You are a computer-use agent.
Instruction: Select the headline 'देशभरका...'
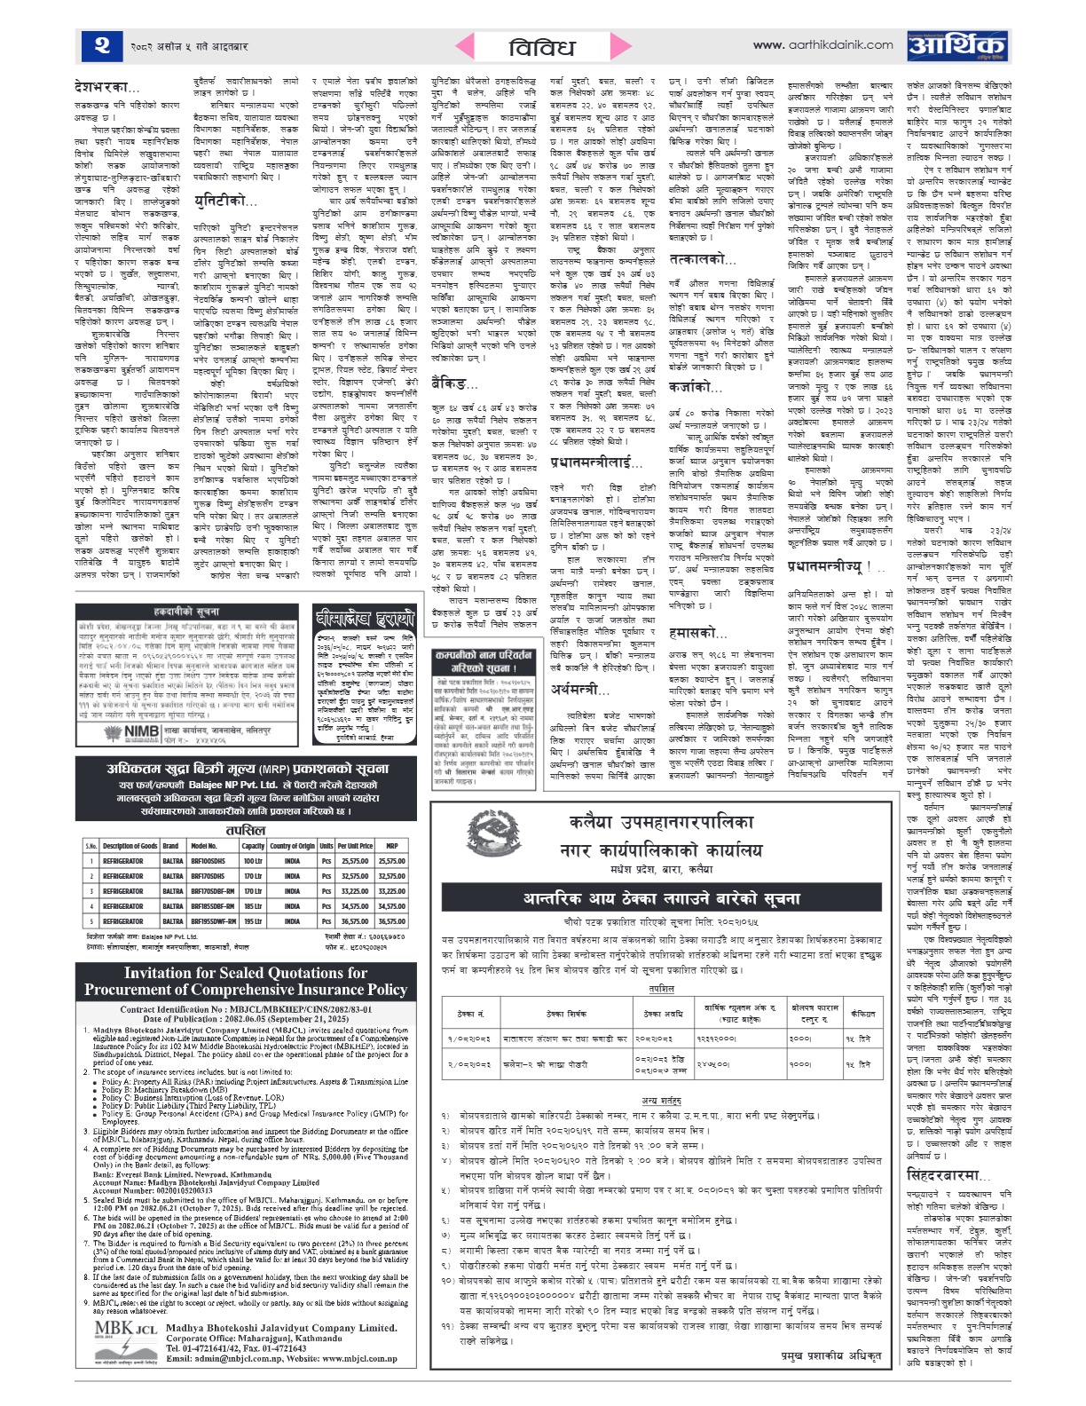pyautogui.click(x=107, y=87)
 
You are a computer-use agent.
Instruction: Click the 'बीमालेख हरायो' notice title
pyautogui.click(x=365, y=619)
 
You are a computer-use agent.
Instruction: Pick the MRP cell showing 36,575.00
pyautogui.click(x=391, y=921)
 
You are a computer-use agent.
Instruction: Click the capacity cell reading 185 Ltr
pyautogui.click(x=253, y=906)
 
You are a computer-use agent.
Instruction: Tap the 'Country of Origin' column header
pyautogui.click(x=293, y=846)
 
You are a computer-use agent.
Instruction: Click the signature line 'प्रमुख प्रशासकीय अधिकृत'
pyautogui.click(x=831, y=1355)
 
